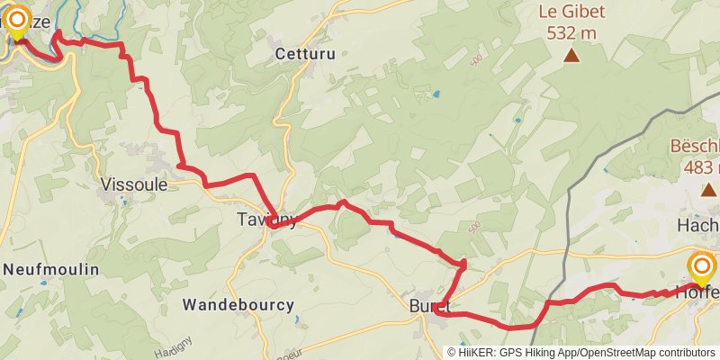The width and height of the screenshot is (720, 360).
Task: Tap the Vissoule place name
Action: (134, 184)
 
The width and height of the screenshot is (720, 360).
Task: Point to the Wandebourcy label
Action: (238, 305)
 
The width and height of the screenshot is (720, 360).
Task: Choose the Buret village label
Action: (429, 305)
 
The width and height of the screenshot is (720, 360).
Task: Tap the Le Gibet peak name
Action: (571, 13)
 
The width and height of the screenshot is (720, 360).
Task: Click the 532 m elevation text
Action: (571, 33)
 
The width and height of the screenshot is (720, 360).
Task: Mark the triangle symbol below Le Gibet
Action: (571, 56)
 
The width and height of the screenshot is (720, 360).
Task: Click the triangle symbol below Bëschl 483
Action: (706, 190)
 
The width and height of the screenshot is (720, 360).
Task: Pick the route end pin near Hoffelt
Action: (701, 269)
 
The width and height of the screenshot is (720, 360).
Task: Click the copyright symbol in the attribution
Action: (452, 353)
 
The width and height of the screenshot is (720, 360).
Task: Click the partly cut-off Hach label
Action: (701, 226)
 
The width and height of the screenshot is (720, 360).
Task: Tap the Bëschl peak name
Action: (694, 147)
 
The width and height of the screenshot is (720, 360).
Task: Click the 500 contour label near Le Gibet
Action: (475, 61)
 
